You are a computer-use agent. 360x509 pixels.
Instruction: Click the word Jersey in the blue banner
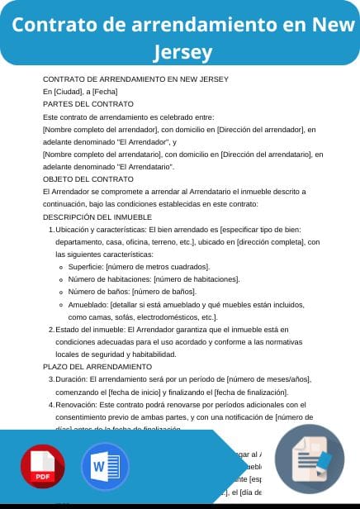182,53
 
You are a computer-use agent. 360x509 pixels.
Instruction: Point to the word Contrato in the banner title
53,24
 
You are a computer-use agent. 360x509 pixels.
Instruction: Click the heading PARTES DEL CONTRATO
88,104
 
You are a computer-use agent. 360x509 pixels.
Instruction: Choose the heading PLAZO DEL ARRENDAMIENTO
97,366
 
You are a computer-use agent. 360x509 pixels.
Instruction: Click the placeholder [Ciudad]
69,91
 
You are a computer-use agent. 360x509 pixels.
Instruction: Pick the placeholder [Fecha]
106,91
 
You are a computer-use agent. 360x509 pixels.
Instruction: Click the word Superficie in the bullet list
86,267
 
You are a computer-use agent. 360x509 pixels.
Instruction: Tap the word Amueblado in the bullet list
88,304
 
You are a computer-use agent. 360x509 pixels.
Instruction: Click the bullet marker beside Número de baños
62,292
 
